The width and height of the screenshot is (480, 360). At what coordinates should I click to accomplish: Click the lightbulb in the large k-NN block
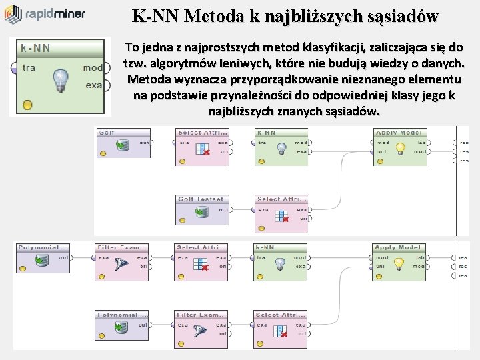click(x=61, y=79)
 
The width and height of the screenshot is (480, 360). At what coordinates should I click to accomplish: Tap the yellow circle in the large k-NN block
click(x=27, y=104)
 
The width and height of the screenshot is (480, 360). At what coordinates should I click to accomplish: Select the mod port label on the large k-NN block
click(x=93, y=68)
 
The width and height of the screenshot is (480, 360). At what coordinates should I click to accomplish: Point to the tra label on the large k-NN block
click(x=29, y=68)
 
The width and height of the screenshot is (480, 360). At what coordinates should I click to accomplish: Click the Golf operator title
click(x=107, y=133)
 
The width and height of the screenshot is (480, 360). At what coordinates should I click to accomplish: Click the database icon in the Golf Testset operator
click(x=201, y=213)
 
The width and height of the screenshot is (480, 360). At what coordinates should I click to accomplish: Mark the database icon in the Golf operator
click(x=122, y=145)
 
